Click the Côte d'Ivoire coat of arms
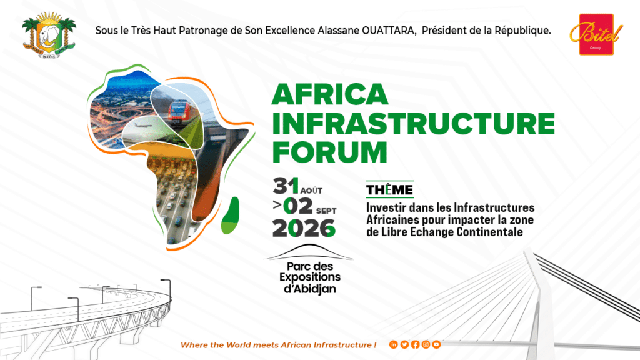tap(49, 35)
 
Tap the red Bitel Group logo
tap(596, 34)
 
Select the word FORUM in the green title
tap(329, 152)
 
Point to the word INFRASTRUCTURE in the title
tap(414, 123)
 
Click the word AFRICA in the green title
tap(330, 94)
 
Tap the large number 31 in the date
tap(286, 186)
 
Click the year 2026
tap(304, 228)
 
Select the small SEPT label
tap(326, 211)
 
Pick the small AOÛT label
tap(311, 191)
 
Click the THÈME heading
tap(389, 190)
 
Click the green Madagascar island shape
tap(231, 216)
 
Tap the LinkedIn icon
tap(394, 345)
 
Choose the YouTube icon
tap(436, 345)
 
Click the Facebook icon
tap(415, 345)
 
